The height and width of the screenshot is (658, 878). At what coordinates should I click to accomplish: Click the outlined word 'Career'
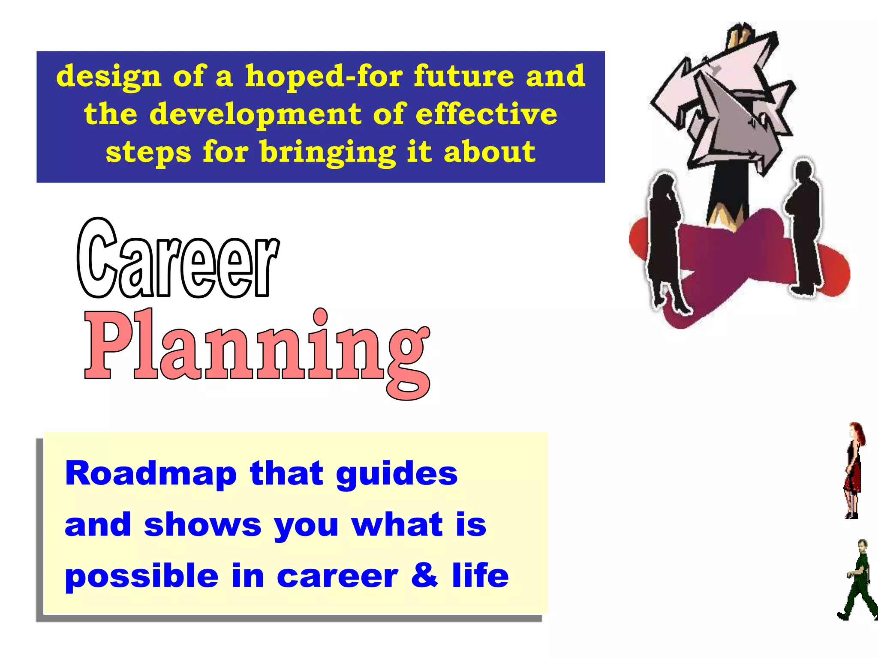point(178,260)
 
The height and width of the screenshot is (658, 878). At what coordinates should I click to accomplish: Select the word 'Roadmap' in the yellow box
point(151,474)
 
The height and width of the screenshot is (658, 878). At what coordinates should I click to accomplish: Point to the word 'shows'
point(202,525)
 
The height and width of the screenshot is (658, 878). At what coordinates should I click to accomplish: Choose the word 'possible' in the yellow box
point(142,576)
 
